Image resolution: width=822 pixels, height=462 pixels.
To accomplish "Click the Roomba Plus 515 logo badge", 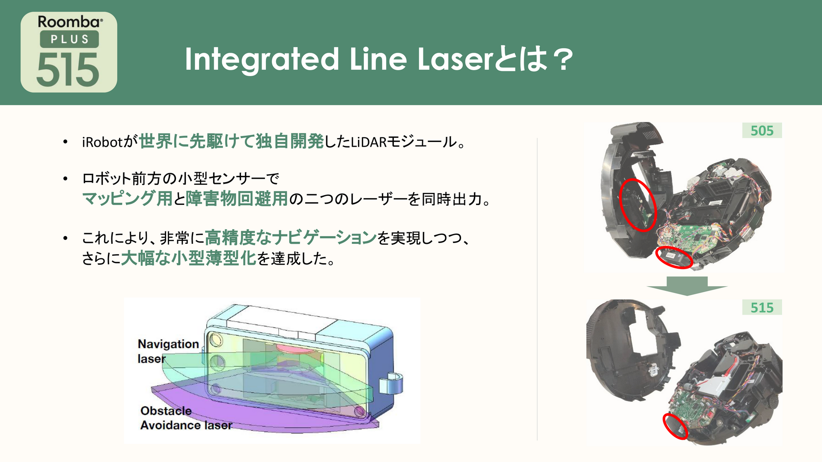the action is click(69, 52).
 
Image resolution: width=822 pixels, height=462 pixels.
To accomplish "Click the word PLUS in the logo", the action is click(69, 39).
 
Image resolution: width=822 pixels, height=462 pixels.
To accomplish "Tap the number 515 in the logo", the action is click(68, 70).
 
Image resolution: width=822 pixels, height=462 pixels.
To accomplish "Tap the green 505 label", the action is click(762, 130).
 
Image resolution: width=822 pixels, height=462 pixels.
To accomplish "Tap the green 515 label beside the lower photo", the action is click(762, 307).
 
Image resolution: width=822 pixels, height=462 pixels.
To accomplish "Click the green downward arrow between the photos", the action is click(687, 286).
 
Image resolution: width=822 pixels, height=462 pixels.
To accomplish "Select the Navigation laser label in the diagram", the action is click(168, 351).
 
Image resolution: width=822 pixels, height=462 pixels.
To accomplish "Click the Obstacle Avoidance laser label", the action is click(186, 418).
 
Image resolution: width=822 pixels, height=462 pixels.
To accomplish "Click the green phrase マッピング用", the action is click(127, 199).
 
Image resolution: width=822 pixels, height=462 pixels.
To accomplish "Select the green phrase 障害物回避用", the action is click(237, 199).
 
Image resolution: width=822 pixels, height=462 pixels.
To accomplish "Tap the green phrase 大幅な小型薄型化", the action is click(188, 258).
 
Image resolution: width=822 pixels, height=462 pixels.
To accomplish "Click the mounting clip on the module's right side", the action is click(391, 383).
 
